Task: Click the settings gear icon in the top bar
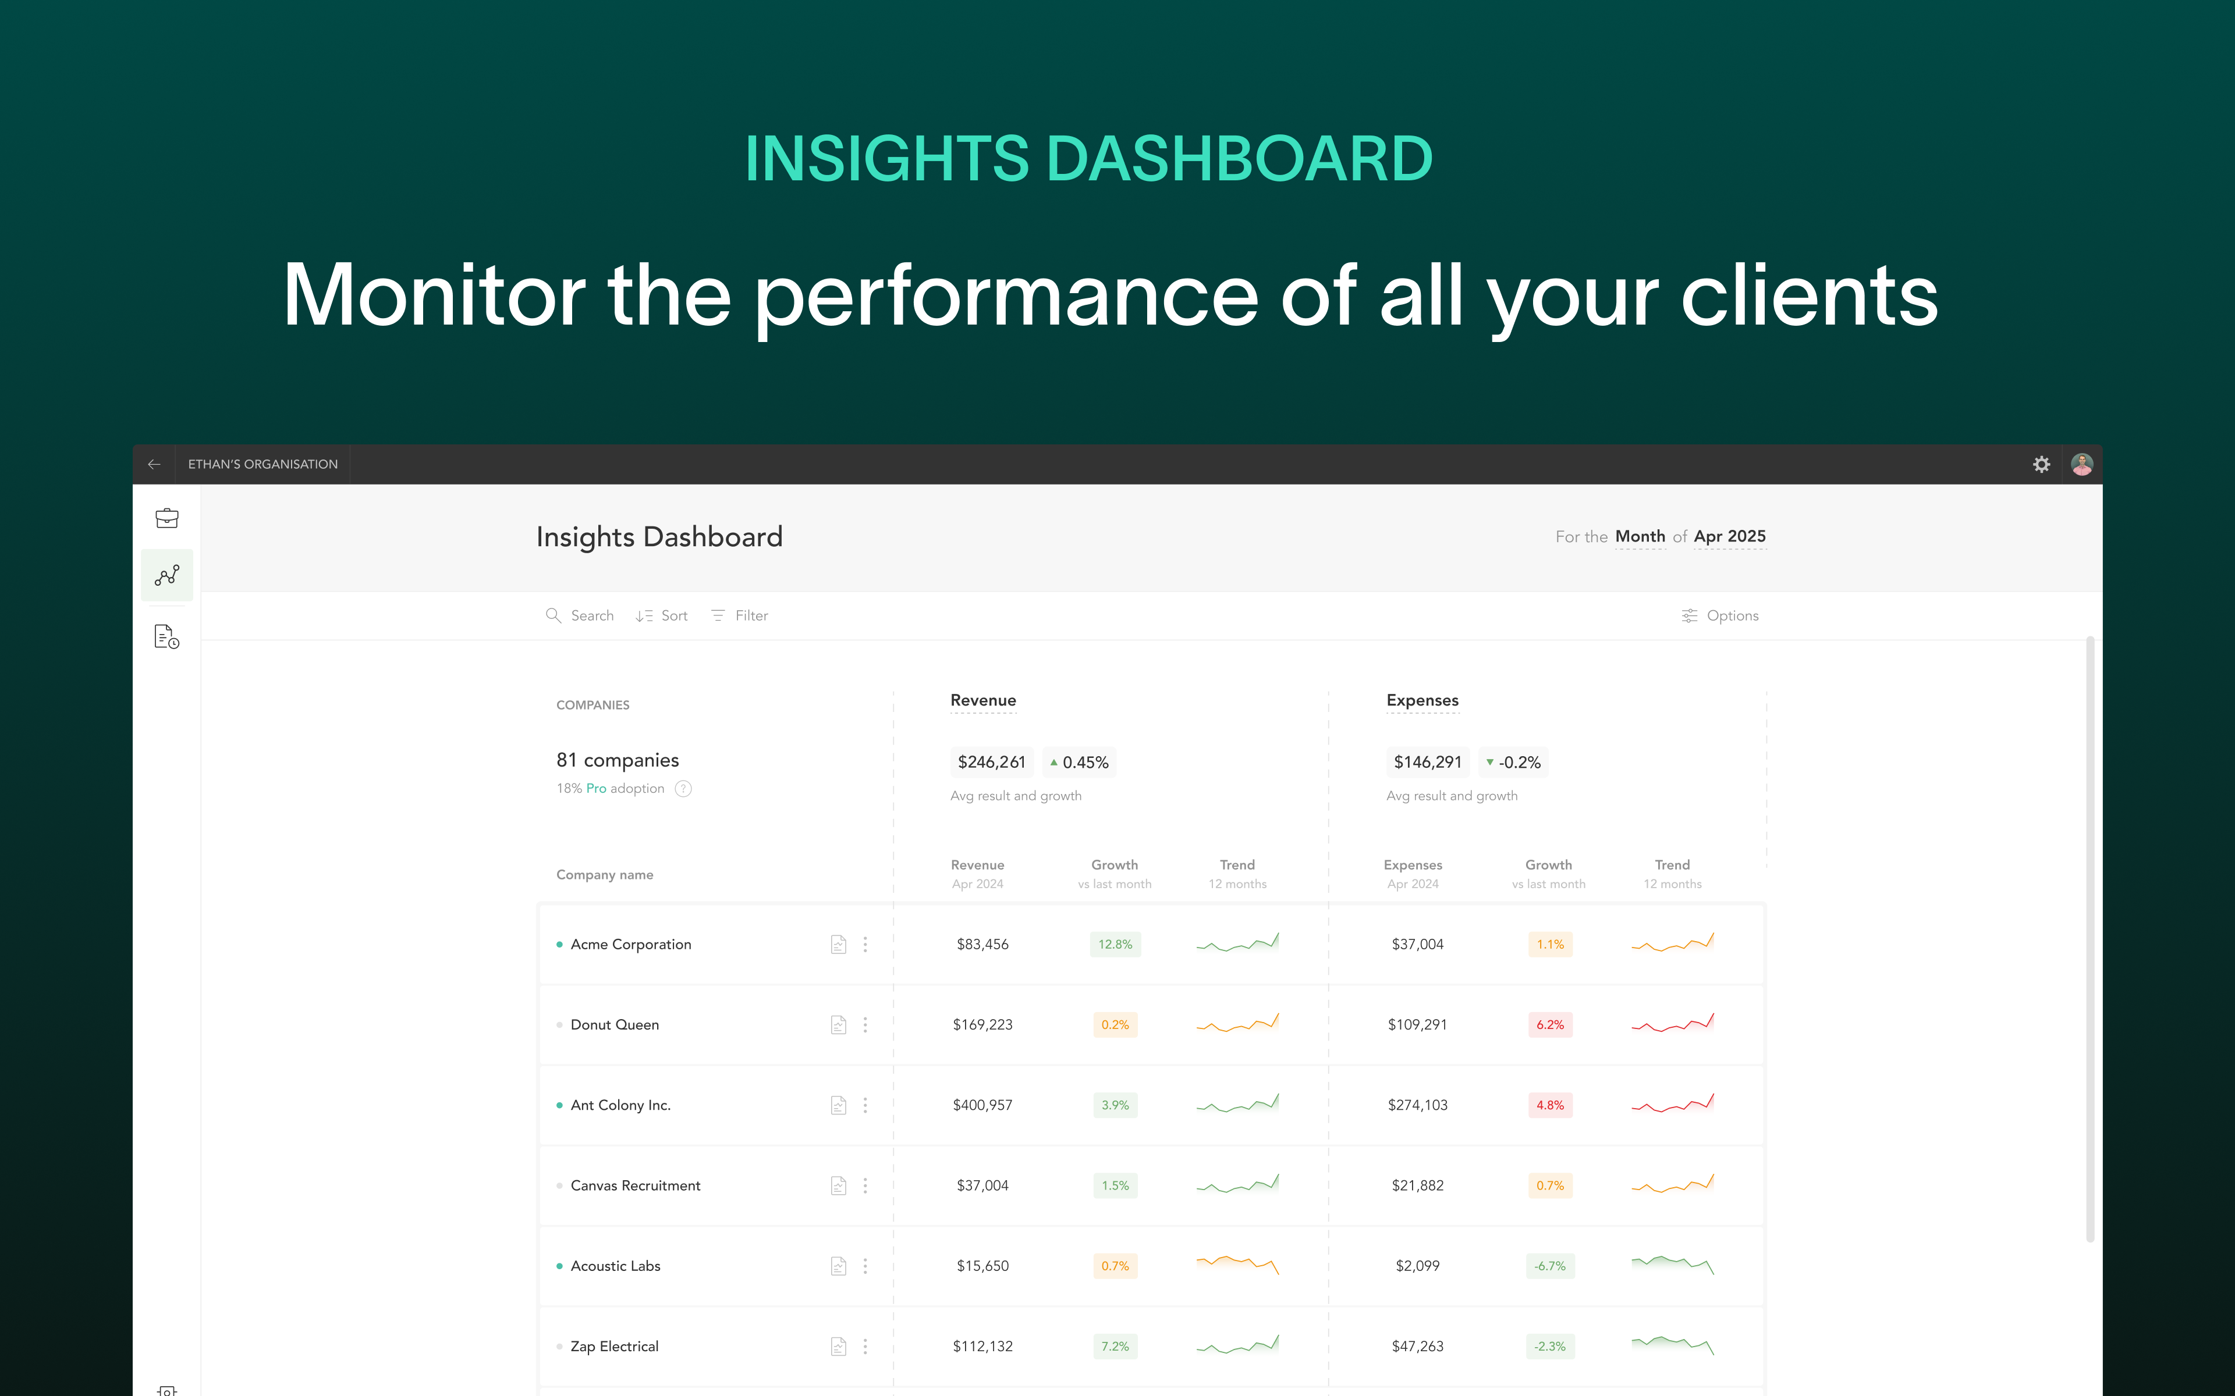[x=2041, y=464]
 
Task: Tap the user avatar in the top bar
[x=2082, y=464]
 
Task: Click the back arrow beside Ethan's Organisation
[x=154, y=464]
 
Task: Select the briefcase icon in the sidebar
[x=167, y=518]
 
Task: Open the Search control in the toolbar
[x=579, y=616]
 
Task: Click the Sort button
[x=661, y=616]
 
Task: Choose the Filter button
[x=739, y=616]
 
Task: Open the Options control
[x=1720, y=616]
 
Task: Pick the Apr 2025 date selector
[x=1730, y=536]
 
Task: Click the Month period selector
[x=1640, y=536]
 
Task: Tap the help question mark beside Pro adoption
[x=683, y=789]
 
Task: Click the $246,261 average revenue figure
[x=992, y=763]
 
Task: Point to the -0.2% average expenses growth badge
[x=1514, y=763]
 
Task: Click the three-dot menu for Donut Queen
[x=865, y=1025]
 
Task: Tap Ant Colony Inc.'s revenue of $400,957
[x=982, y=1105]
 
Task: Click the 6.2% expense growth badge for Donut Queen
[x=1551, y=1025]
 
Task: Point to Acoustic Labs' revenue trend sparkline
[x=1237, y=1264]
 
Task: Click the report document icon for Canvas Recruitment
[x=839, y=1185]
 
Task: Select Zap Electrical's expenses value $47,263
[x=1418, y=1346]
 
